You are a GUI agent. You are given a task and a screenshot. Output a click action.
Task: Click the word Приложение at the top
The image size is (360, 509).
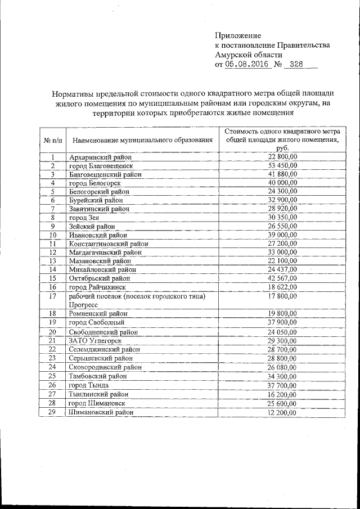[237, 35]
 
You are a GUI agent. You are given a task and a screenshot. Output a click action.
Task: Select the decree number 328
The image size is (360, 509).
[296, 65]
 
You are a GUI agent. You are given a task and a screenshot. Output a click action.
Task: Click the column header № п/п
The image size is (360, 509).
[52, 139]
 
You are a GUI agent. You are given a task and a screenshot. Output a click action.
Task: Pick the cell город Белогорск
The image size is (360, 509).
[95, 183]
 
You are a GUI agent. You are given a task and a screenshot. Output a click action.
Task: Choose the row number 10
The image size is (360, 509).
[52, 235]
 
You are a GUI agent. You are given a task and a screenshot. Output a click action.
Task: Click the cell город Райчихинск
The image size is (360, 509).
[99, 287]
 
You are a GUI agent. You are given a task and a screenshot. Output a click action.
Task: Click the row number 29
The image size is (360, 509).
[52, 412]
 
